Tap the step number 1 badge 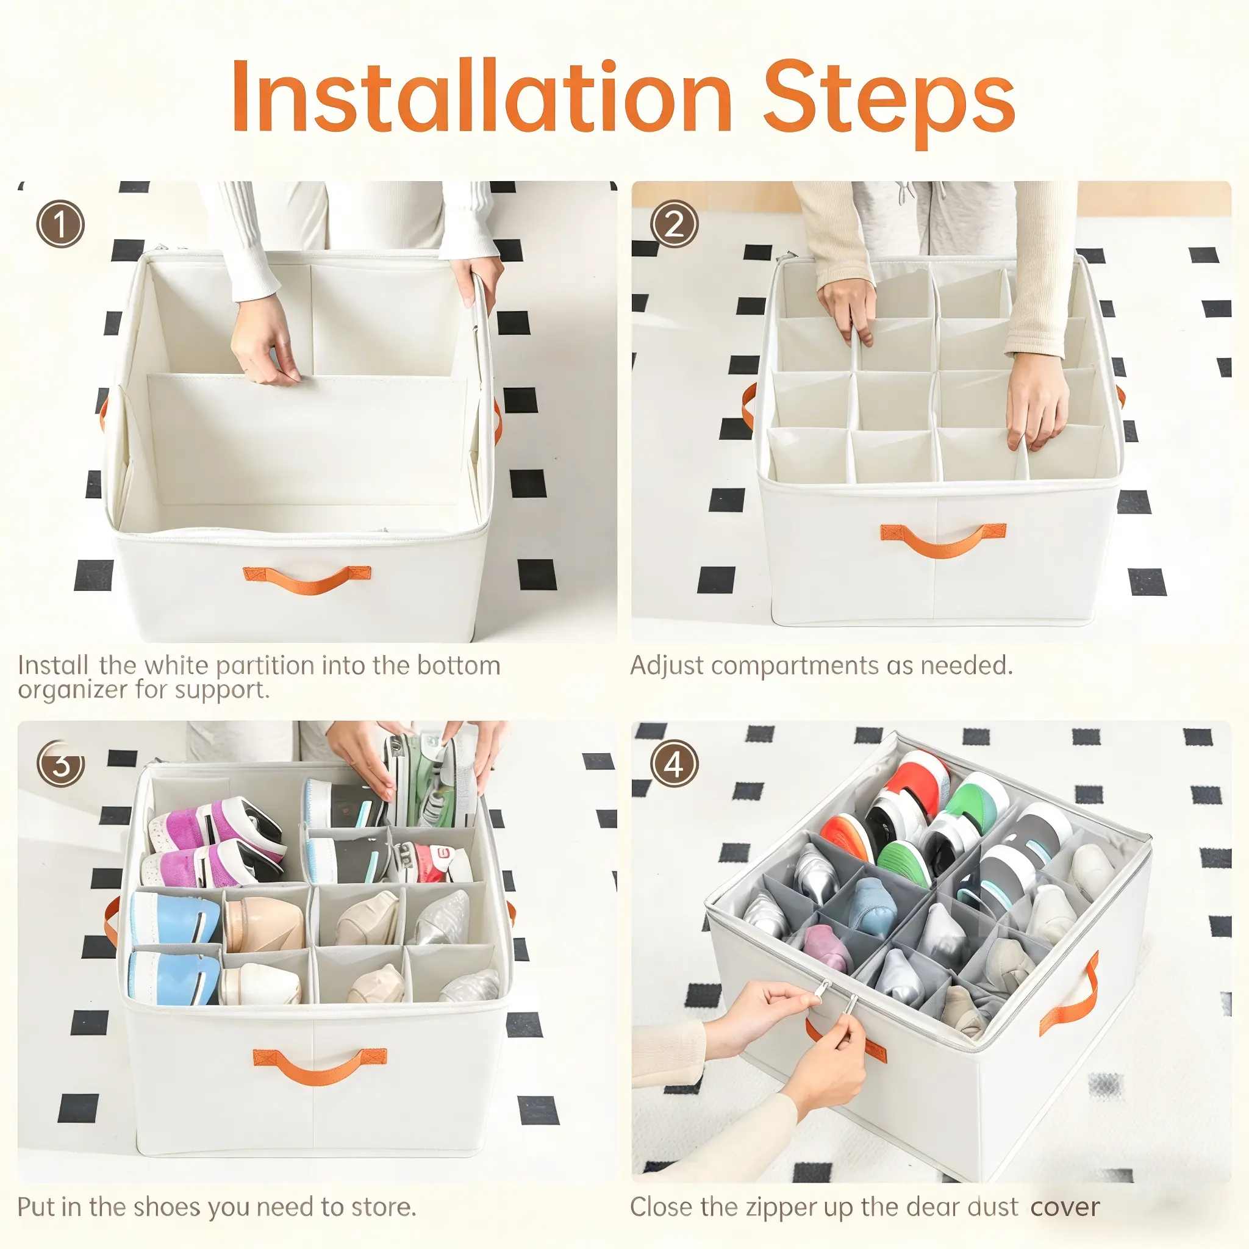tap(60, 224)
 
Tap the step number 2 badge tap(675, 224)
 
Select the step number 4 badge tap(675, 765)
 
